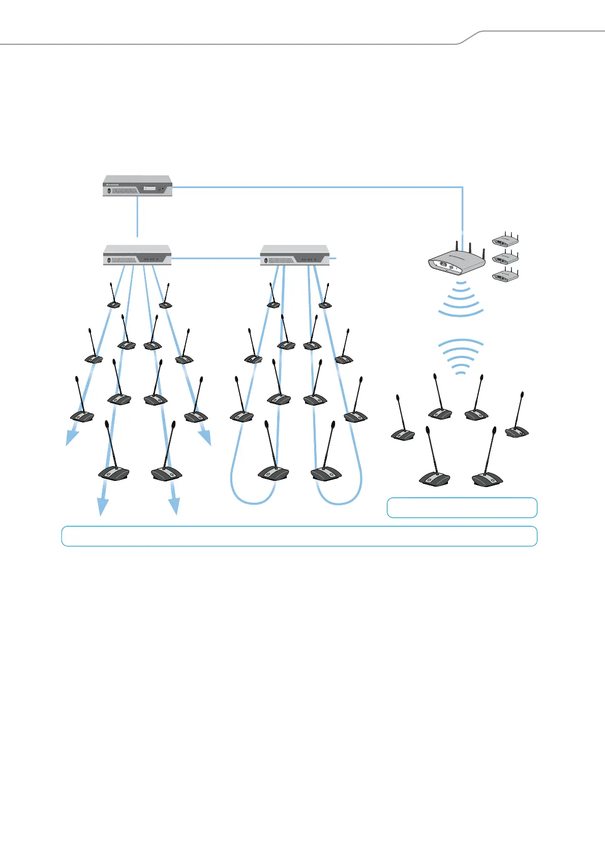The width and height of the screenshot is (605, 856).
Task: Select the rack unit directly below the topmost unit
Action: coord(137,255)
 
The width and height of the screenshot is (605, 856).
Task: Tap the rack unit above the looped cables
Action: coord(294,255)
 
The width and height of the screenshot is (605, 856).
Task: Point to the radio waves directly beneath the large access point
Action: coord(461,300)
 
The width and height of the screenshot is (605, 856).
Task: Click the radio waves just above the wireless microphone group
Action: coord(461,356)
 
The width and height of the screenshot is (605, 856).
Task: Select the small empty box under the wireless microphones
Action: coord(462,507)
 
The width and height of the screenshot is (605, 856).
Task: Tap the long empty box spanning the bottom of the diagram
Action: coord(299,536)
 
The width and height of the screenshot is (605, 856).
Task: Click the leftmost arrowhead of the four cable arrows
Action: coord(72,437)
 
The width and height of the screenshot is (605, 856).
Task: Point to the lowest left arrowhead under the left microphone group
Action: coord(103,506)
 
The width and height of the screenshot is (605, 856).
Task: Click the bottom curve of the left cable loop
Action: coord(253,503)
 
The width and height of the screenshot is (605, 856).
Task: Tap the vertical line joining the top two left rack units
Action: coord(137,217)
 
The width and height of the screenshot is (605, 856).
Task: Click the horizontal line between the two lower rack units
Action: coord(216,259)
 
